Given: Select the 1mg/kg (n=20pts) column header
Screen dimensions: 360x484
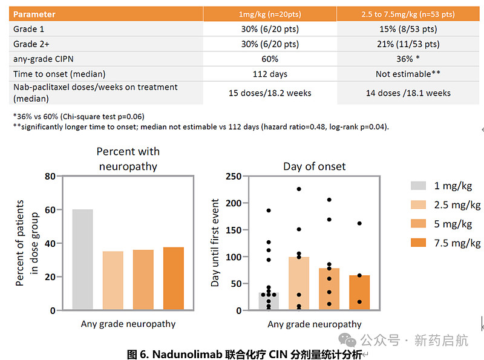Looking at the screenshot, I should pos(270,14).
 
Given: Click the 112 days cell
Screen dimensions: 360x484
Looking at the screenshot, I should pos(270,74).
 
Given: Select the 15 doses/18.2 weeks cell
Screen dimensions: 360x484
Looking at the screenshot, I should pos(270,93).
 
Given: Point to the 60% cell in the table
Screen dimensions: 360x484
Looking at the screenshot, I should pos(270,59).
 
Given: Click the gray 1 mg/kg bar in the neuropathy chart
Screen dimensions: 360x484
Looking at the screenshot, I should pos(82,260).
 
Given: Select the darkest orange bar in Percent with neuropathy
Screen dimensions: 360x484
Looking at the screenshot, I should pos(173,278).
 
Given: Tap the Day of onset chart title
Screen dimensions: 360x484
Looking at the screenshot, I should pos(314,166).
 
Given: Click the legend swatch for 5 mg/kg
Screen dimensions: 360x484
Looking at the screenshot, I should pos(419,224).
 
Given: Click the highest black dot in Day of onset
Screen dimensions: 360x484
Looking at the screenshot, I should pos(298,189).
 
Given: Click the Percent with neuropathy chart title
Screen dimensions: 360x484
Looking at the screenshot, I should pos(128,158).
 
